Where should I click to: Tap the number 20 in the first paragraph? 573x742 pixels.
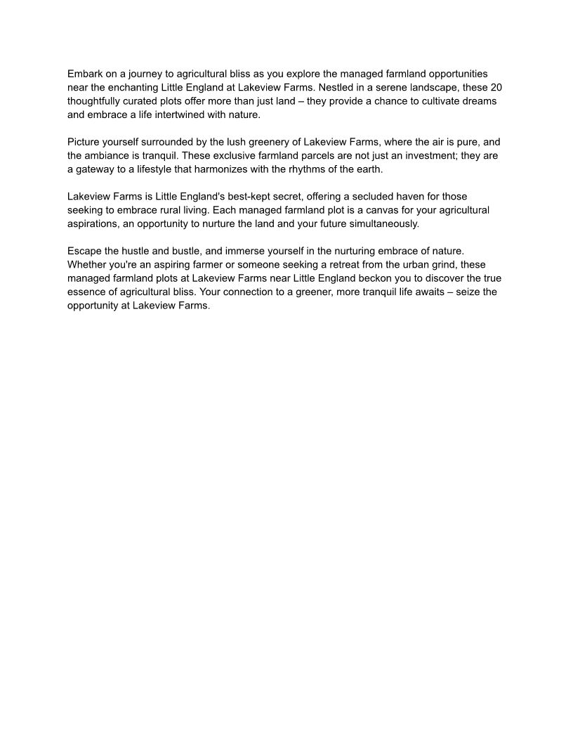pyautogui.click(x=495, y=87)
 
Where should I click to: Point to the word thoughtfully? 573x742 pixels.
pyautogui.click(x=98, y=101)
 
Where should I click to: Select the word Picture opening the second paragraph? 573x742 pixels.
pyautogui.click(x=85, y=142)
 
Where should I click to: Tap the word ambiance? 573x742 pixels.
pyautogui.click(x=110, y=155)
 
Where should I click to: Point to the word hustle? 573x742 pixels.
pyautogui.click(x=136, y=251)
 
